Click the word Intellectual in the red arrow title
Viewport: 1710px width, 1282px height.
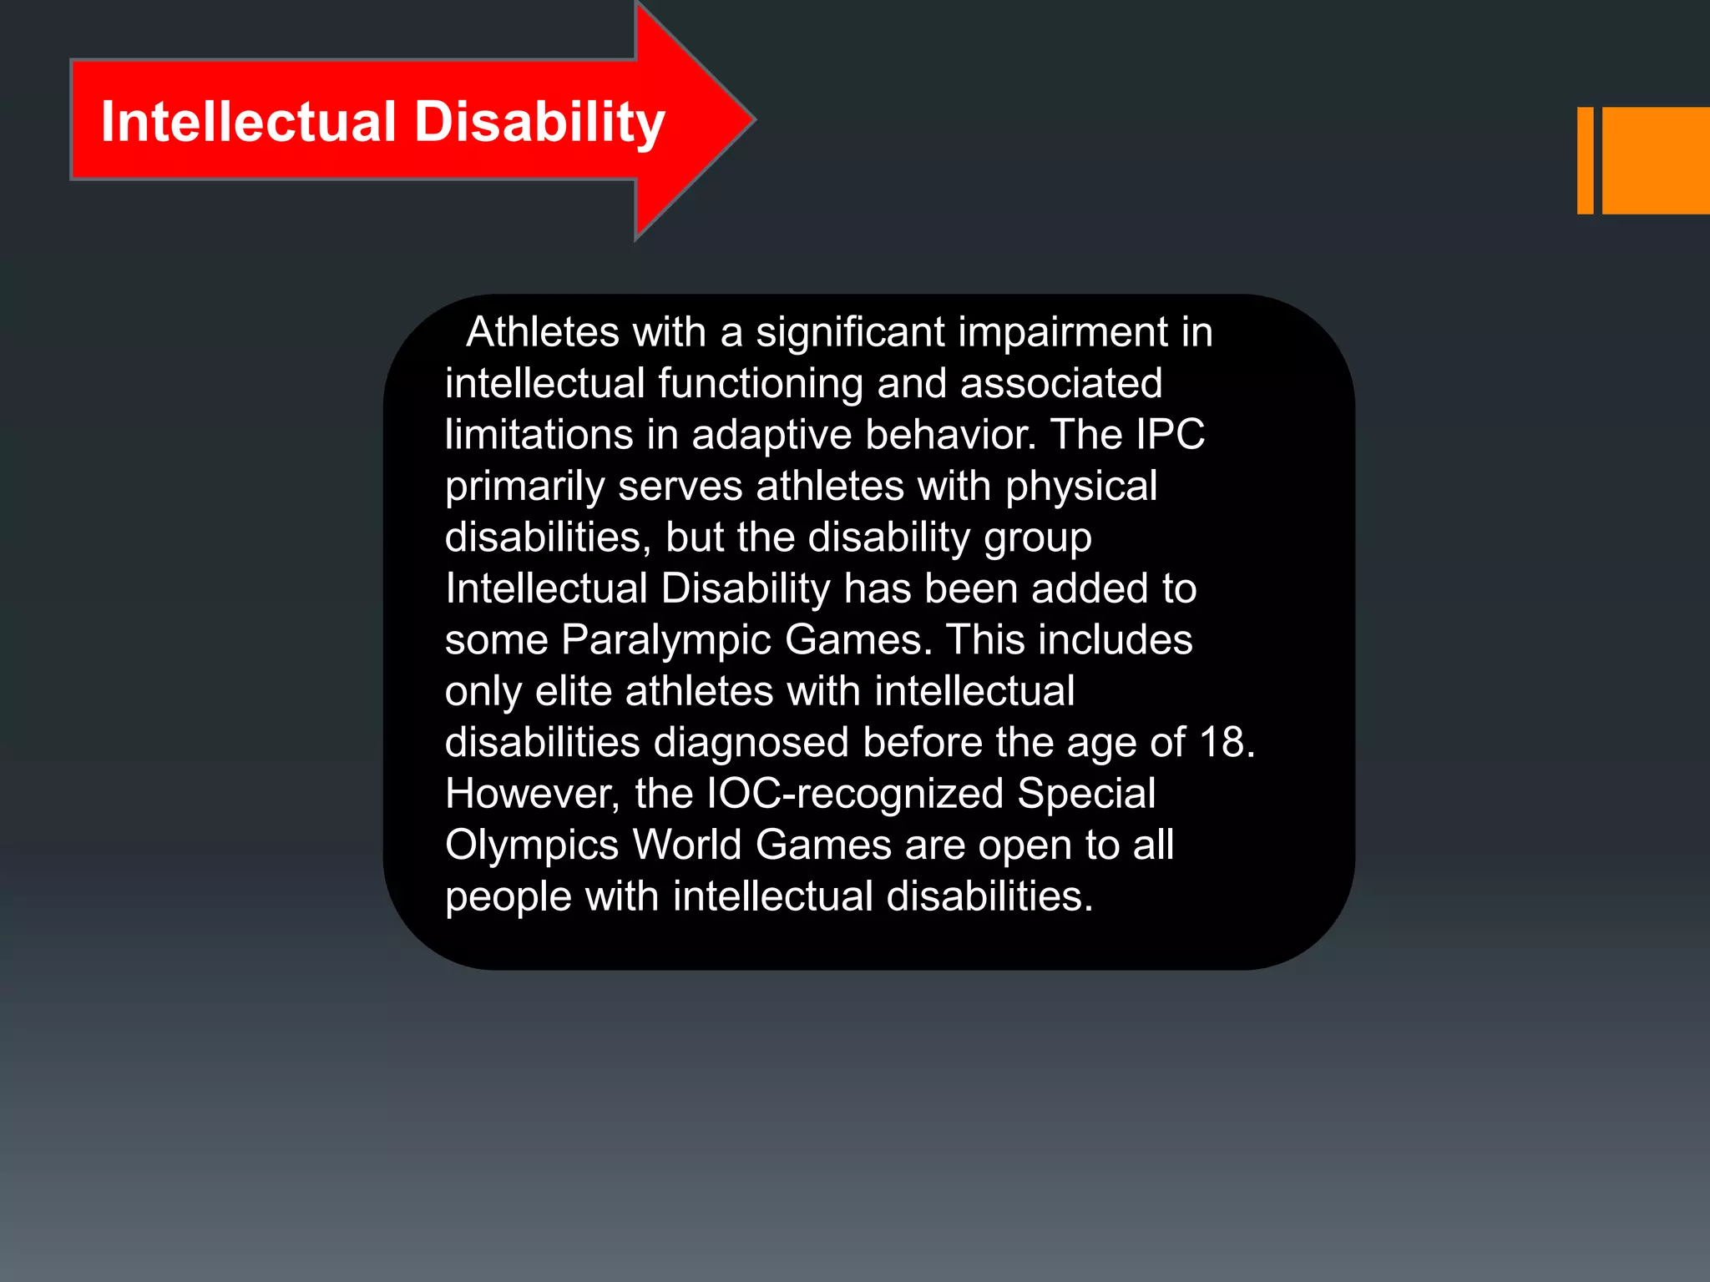[248, 122]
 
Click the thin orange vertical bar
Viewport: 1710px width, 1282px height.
[1585, 160]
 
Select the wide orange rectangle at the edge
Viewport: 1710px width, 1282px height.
[1656, 160]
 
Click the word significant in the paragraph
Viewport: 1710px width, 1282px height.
[850, 332]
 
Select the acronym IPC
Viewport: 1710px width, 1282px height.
[1170, 435]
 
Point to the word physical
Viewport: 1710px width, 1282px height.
[1081, 487]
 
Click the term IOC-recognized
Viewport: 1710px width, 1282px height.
[854, 794]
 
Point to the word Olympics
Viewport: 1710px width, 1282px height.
[532, 845]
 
